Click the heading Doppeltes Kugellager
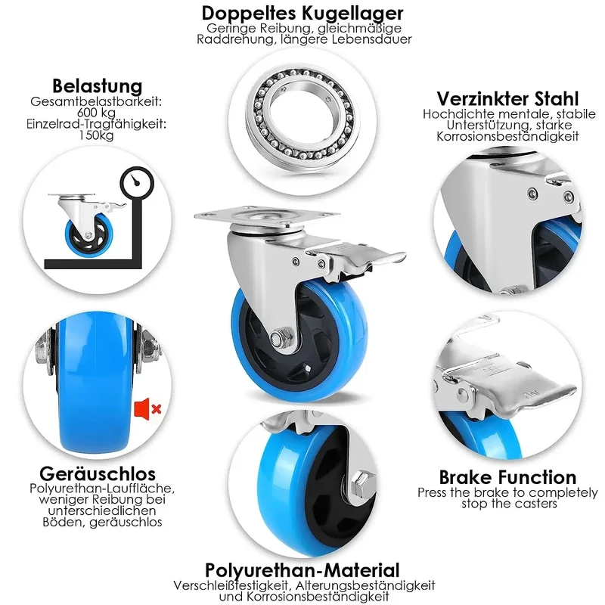[x=302, y=14]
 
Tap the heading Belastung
[x=98, y=85]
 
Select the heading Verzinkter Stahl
[x=507, y=99]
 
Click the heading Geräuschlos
[x=98, y=474]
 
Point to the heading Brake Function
[x=507, y=477]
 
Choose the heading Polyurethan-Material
[x=302, y=570]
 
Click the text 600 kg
[x=96, y=113]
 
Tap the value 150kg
[x=96, y=135]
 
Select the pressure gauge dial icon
[x=137, y=183]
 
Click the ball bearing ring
[x=299, y=115]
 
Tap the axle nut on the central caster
[x=276, y=339]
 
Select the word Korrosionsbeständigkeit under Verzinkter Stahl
[x=507, y=136]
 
